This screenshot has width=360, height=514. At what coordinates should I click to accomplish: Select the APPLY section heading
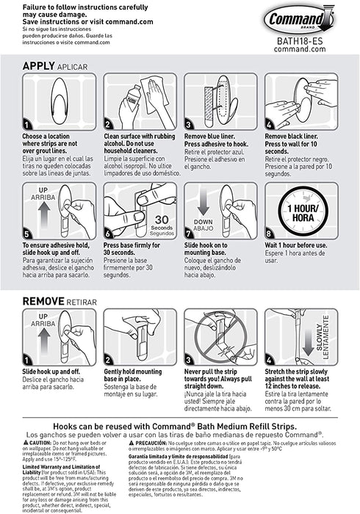pos(42,66)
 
